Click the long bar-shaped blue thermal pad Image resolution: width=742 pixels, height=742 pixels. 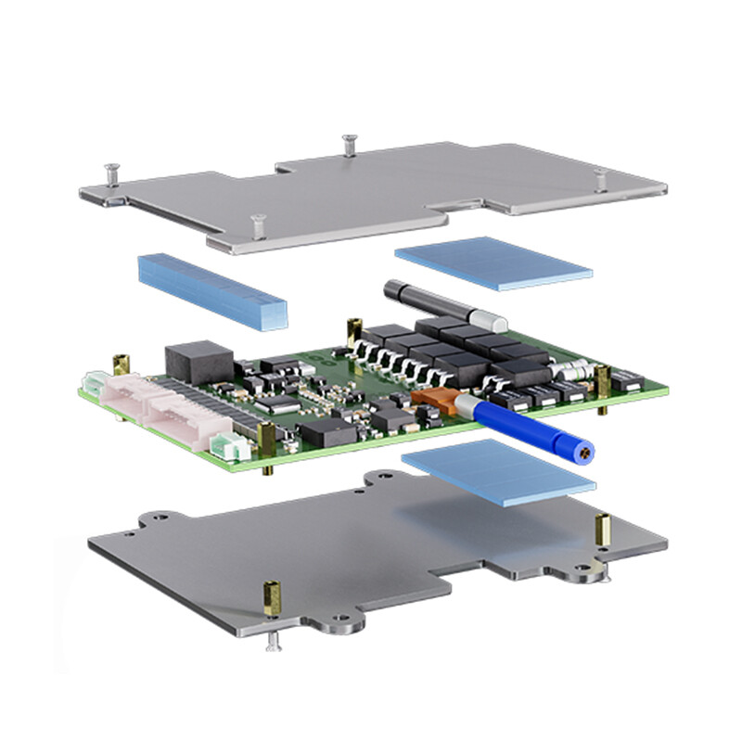[x=211, y=290]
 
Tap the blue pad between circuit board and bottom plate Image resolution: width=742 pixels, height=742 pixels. [x=497, y=472]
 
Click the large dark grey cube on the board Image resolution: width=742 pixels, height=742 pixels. [x=198, y=361]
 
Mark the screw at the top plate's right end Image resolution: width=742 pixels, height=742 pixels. [x=601, y=177]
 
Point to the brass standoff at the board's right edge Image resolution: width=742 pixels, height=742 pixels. [x=603, y=381]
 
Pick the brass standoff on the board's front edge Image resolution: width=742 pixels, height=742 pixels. [x=268, y=441]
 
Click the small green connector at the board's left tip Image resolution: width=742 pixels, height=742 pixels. [x=92, y=383]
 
